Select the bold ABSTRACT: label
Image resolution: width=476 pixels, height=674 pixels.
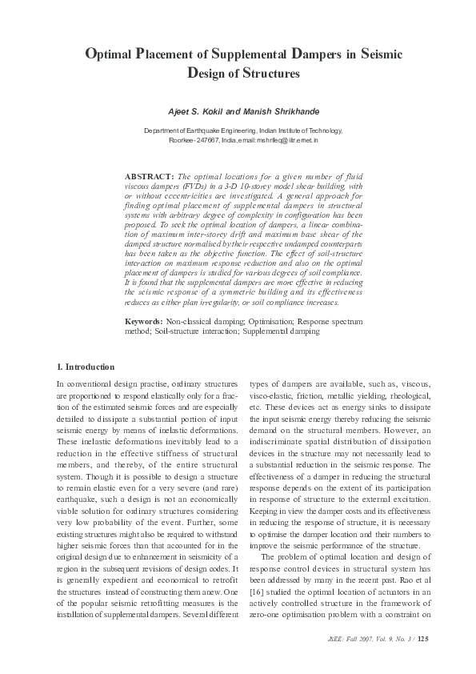click(150, 175)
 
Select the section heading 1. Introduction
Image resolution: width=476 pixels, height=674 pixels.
click(86, 367)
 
